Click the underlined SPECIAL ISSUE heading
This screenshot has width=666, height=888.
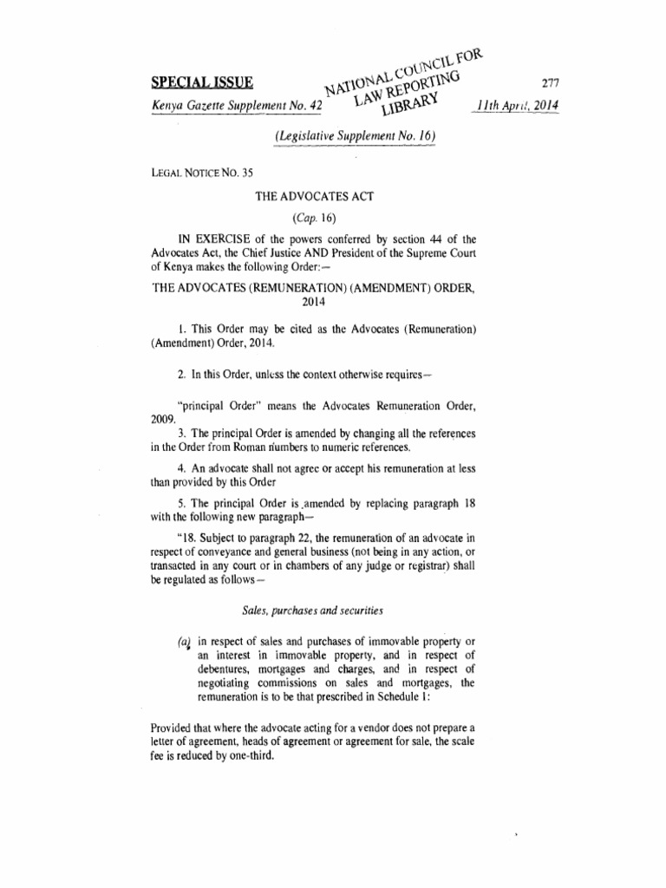click(x=199, y=84)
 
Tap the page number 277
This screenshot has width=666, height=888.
click(x=550, y=84)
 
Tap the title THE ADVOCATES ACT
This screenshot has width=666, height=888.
click(x=313, y=197)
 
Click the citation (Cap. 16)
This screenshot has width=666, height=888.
click(x=313, y=218)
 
